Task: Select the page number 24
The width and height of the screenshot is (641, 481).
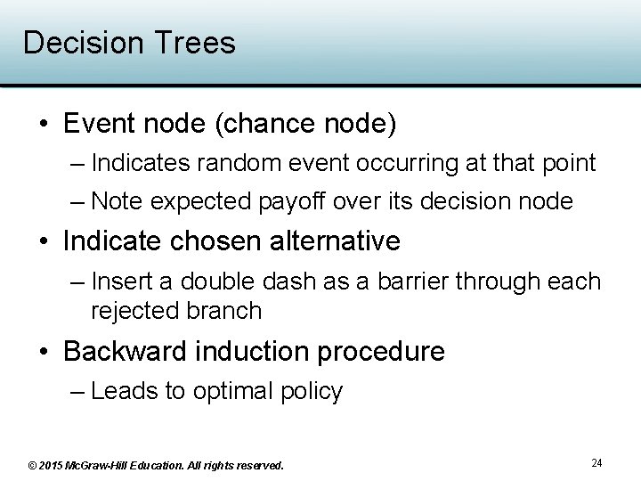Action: coord(596,462)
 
